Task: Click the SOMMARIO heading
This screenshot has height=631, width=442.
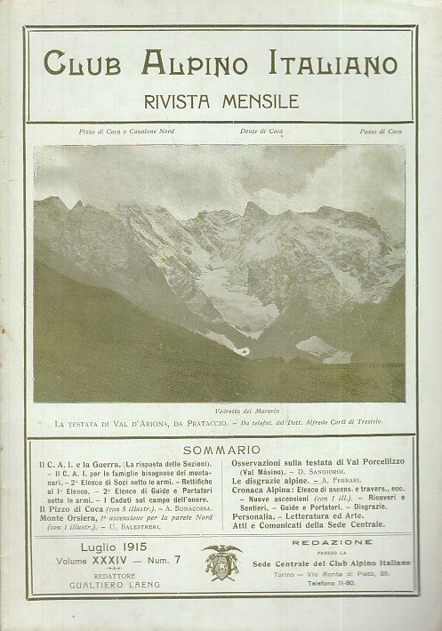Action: point(220,451)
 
